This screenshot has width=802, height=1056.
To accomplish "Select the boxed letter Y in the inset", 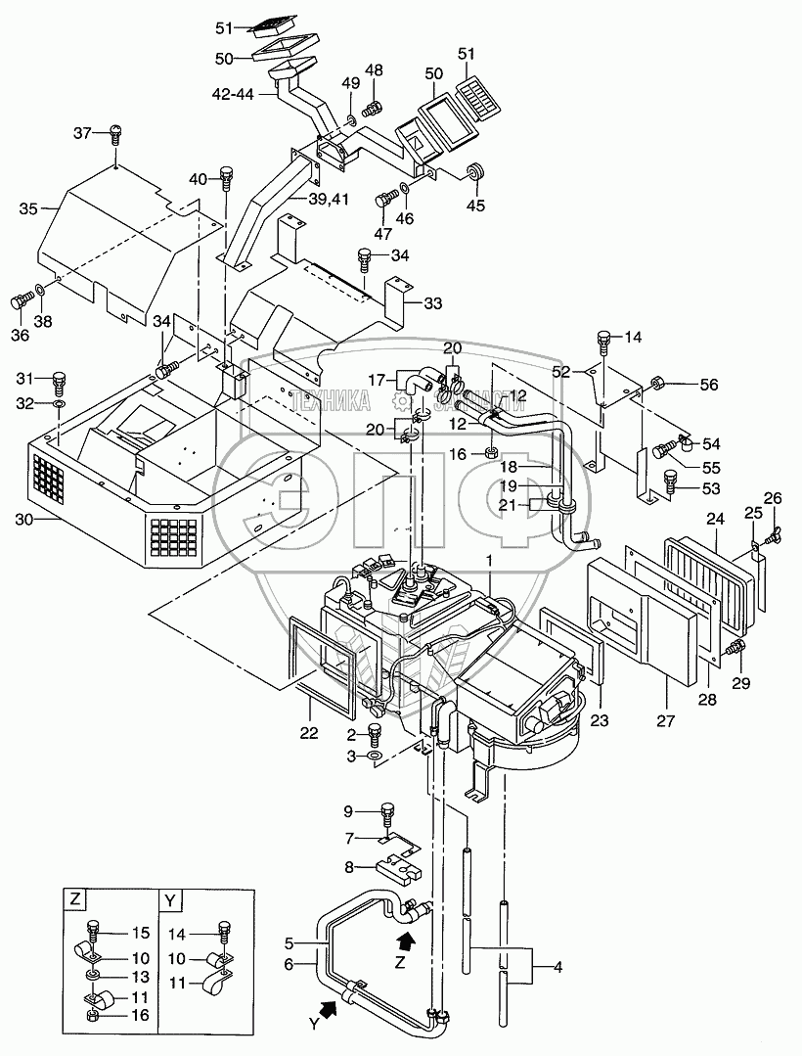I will pyautogui.click(x=170, y=897).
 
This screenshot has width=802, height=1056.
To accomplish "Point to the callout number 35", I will pyautogui.click(x=26, y=208).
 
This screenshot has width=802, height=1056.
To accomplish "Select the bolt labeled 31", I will pyautogui.click(x=58, y=380).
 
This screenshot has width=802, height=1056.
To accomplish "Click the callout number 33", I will pyautogui.click(x=432, y=303).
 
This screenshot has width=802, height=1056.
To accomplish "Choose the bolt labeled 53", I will pyautogui.click(x=670, y=481).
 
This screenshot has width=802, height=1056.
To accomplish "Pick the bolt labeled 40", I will pyautogui.click(x=227, y=177).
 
